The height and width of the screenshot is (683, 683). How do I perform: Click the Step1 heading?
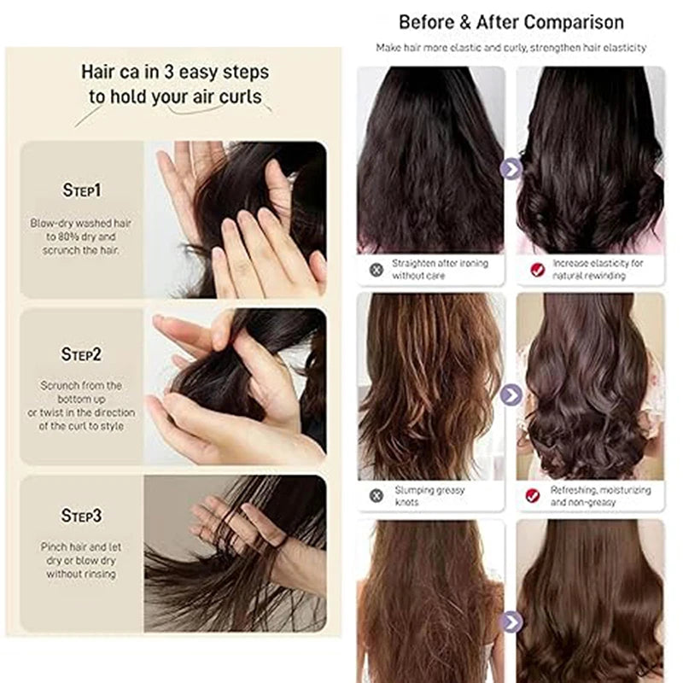click(x=81, y=190)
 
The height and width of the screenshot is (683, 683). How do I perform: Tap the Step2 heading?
click(x=81, y=354)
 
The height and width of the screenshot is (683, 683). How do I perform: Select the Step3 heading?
click(x=81, y=516)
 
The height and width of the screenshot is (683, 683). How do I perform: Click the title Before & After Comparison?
click(x=511, y=22)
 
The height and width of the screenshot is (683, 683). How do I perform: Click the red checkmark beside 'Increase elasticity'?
click(x=538, y=270)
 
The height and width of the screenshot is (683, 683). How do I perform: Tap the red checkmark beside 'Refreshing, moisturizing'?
click(x=532, y=495)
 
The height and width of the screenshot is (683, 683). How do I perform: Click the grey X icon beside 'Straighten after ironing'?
click(x=377, y=270)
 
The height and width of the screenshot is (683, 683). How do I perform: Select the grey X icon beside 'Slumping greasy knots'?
click(x=377, y=495)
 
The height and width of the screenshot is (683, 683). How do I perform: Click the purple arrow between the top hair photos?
click(x=511, y=169)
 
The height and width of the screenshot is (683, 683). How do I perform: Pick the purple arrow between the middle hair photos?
click(x=511, y=395)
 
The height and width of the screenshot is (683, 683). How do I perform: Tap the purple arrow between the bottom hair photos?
click(x=511, y=622)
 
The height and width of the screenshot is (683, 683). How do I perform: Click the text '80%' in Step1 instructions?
click(x=67, y=237)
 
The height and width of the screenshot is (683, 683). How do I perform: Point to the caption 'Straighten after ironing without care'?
click(x=440, y=269)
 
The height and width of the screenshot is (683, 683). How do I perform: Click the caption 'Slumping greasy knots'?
click(x=429, y=496)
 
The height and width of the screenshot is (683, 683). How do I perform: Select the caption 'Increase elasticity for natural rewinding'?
click(x=598, y=269)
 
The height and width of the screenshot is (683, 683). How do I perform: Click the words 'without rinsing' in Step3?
click(x=81, y=574)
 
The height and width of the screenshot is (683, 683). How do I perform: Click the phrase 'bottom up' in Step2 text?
click(x=81, y=399)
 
